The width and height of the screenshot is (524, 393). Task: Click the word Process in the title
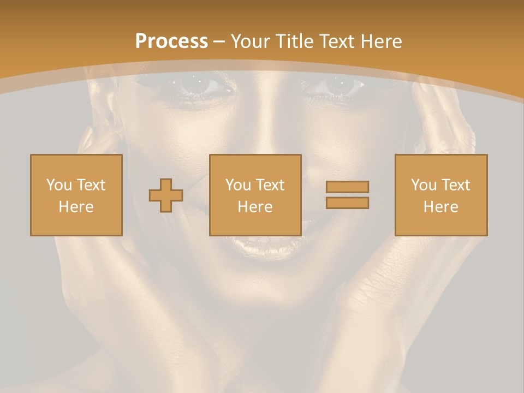click(171, 41)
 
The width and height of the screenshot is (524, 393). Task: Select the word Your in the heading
click(251, 41)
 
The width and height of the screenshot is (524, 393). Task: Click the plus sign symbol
click(166, 195)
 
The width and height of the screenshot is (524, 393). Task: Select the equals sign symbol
click(347, 195)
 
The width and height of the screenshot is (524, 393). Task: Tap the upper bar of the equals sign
click(347, 187)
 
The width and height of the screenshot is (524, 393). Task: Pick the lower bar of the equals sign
click(347, 203)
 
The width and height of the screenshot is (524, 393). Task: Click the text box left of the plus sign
click(76, 195)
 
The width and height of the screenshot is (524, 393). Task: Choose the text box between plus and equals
click(255, 195)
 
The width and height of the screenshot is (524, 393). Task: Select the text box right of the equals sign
click(441, 195)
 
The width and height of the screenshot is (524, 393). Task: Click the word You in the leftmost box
click(58, 185)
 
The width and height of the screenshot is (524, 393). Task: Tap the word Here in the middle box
click(255, 207)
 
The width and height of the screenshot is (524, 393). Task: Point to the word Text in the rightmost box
click(456, 185)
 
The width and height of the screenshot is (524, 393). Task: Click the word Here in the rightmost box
click(441, 207)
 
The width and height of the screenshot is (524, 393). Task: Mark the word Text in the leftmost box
click(91, 185)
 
